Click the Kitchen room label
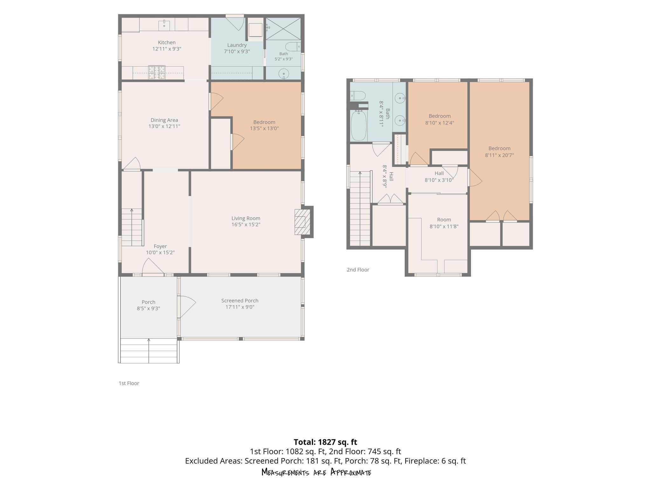(167, 43)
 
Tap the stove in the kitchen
(157, 72)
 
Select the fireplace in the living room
(302, 222)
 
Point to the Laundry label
(237, 45)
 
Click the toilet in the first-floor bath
(293, 47)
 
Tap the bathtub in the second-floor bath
(359, 125)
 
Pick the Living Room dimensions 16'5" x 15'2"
(246, 225)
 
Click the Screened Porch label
(240, 301)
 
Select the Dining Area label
(164, 120)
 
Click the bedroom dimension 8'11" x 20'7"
(499, 155)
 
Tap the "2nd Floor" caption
(358, 270)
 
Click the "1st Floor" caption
(129, 383)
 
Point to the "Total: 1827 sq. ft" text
(325, 442)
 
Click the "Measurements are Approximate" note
(316, 472)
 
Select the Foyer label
(160, 246)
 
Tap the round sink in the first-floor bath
(284, 74)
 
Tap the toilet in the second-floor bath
(358, 96)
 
